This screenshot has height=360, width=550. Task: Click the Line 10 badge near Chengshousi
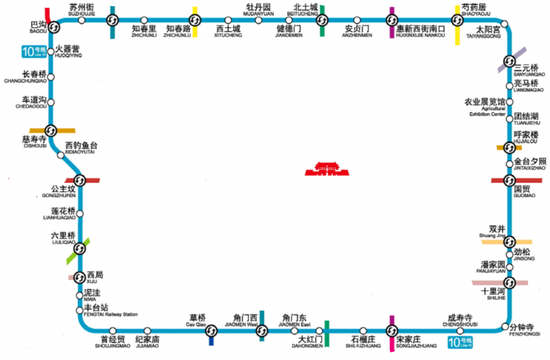coord(461,341)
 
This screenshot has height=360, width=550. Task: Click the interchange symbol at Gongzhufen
coord(79,181)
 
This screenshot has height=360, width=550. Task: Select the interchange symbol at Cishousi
coord(51,130)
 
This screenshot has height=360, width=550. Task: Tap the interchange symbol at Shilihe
coord(509,283)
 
